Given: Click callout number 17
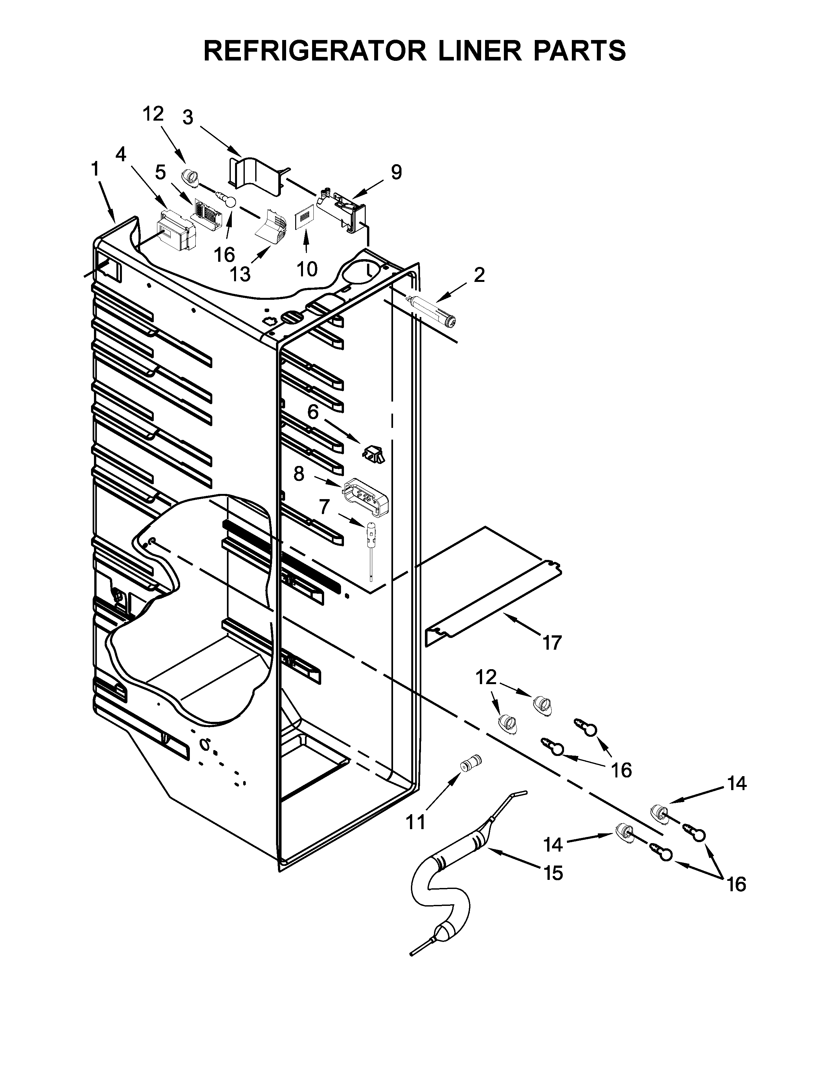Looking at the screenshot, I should (x=552, y=642).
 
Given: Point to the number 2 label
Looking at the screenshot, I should (x=479, y=275).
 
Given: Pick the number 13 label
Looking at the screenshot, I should (x=240, y=274).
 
